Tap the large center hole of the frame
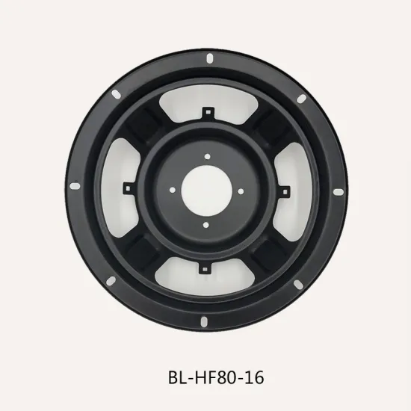pos(205,190)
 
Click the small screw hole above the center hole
pos(205,155)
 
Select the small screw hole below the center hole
pos(205,224)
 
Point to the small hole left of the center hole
pos(171,190)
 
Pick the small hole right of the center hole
pos(240,190)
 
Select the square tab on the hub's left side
pos(129,185)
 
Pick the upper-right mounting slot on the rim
pos(301,99)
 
